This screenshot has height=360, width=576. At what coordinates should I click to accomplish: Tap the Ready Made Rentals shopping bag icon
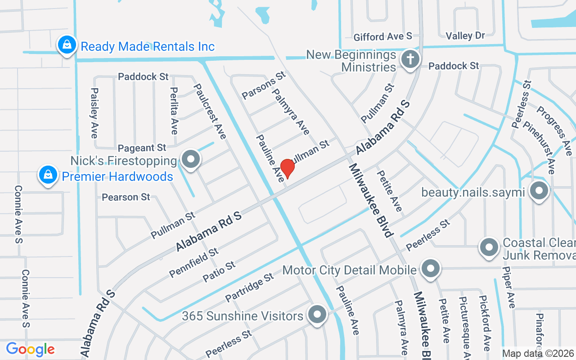(x=67, y=45)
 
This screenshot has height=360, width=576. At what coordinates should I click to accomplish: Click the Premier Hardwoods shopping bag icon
(x=48, y=175)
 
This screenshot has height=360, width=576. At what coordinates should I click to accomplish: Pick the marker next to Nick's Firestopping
(x=191, y=159)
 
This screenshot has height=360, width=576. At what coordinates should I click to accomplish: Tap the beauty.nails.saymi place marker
(x=539, y=192)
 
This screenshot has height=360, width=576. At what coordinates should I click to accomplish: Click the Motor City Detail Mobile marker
(x=430, y=269)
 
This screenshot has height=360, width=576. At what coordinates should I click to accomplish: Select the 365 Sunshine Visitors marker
(x=317, y=315)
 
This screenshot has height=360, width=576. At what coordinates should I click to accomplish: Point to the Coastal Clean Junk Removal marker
(x=489, y=247)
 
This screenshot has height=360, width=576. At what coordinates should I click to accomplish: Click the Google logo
(x=30, y=349)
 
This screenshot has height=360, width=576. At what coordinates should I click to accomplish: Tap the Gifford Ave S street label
(x=382, y=36)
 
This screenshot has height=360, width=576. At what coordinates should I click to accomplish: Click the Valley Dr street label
(x=465, y=36)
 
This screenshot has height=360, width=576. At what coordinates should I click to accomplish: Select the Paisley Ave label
(x=94, y=112)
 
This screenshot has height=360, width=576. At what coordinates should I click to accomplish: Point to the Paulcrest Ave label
(x=210, y=111)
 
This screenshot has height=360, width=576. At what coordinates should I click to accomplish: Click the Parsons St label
(x=264, y=85)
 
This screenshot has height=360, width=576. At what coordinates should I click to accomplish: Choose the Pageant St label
(x=142, y=148)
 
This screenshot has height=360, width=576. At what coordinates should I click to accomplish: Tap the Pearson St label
(x=126, y=197)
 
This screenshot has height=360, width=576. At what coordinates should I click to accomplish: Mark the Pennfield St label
(x=194, y=262)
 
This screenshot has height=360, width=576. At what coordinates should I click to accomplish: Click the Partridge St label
(x=249, y=287)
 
